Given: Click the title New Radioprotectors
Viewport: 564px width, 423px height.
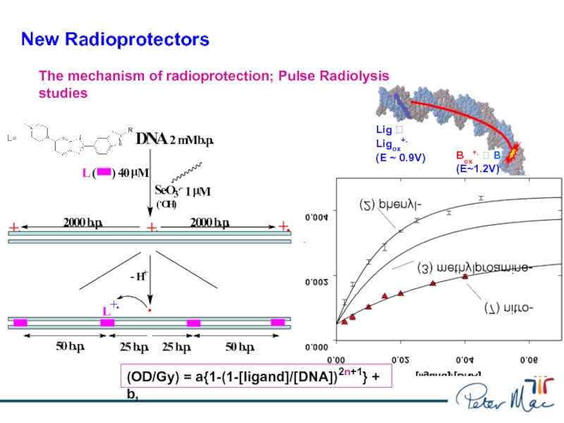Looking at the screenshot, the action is click(x=115, y=39).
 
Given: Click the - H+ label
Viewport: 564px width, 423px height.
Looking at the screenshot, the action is click(x=139, y=276).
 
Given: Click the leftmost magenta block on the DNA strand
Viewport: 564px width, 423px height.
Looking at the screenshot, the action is click(x=20, y=322).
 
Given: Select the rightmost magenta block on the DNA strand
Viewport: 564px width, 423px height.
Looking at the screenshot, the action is click(x=278, y=322).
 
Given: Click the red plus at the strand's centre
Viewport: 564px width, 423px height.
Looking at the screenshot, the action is click(x=151, y=228).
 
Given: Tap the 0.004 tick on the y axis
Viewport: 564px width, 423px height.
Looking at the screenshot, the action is click(x=317, y=218).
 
